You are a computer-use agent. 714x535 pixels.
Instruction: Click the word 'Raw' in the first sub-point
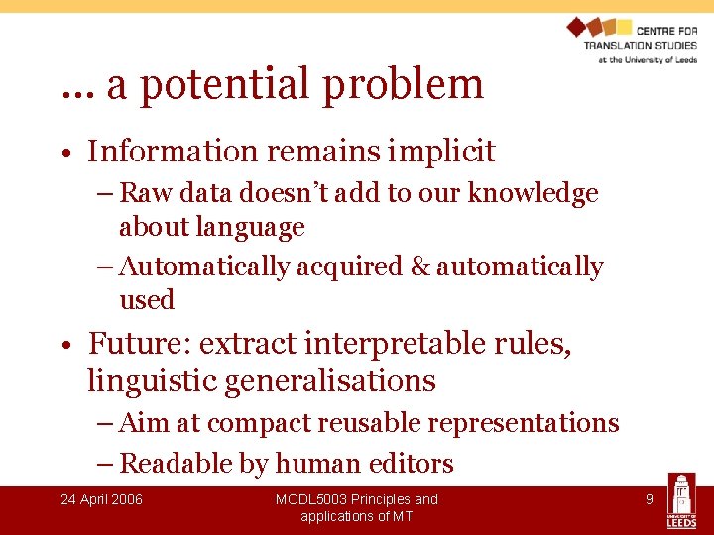point(145,193)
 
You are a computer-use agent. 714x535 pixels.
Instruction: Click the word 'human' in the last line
point(315,464)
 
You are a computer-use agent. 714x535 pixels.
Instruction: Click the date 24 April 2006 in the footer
point(101,499)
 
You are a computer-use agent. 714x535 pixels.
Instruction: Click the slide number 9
point(650,499)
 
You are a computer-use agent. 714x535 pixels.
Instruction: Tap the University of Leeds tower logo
point(681,500)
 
